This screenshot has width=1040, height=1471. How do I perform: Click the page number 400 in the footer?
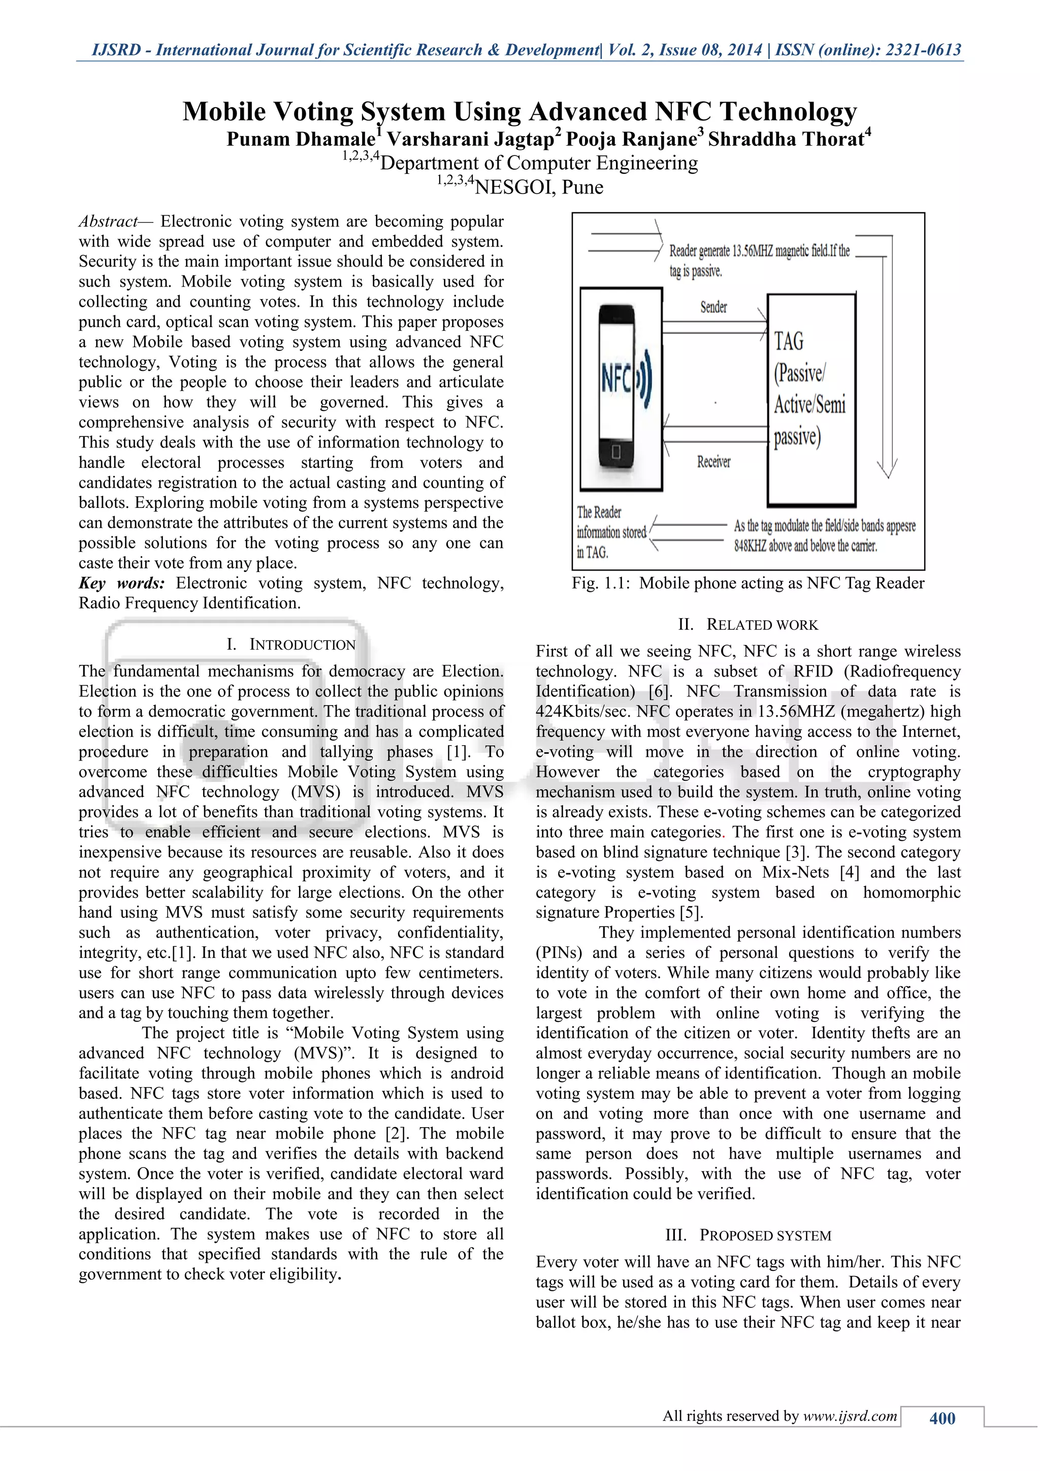[942, 1418]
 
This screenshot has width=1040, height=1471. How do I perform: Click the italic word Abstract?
[107, 221]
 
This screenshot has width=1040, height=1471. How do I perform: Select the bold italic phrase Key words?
[122, 583]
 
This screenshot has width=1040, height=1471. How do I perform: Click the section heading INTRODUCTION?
[302, 645]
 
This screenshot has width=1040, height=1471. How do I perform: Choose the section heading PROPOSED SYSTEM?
[765, 1235]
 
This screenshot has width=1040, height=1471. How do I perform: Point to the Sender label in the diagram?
[713, 307]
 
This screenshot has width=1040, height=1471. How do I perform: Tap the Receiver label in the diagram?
[713, 461]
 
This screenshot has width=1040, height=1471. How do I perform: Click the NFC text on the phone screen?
[615, 378]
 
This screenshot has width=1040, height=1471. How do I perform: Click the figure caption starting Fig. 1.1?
[748, 583]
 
